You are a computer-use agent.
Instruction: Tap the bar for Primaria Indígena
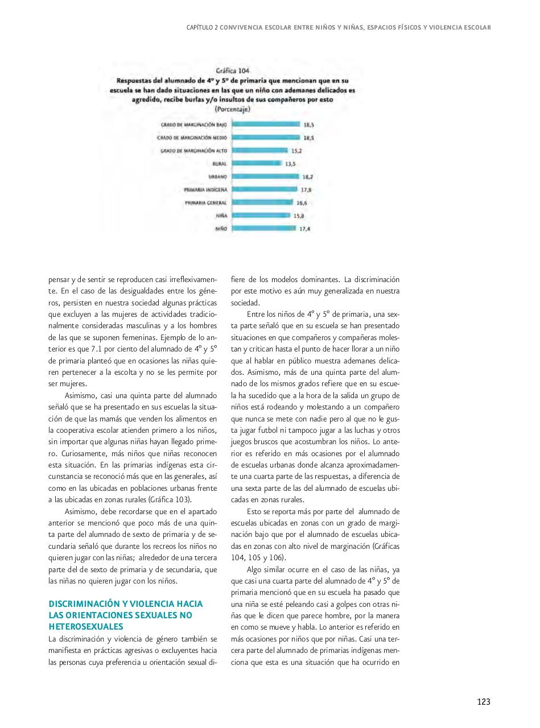click(x=265, y=189)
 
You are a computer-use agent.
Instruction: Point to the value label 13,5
click(x=290, y=164)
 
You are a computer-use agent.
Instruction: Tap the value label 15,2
click(x=296, y=151)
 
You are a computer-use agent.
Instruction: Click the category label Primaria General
click(x=205, y=203)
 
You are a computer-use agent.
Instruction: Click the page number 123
click(x=483, y=702)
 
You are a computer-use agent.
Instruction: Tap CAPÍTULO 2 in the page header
click(x=202, y=27)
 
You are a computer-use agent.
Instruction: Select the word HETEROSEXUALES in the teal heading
click(x=86, y=627)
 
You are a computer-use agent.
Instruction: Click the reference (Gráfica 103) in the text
click(x=170, y=499)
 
